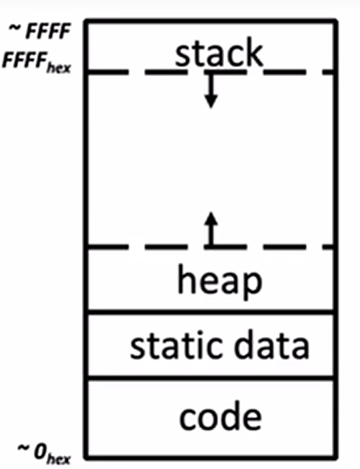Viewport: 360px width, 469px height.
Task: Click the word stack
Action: point(219,54)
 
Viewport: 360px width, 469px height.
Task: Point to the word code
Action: point(220,417)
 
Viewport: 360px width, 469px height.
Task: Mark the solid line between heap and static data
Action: point(211,312)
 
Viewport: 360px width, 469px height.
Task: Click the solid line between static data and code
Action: point(211,377)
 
